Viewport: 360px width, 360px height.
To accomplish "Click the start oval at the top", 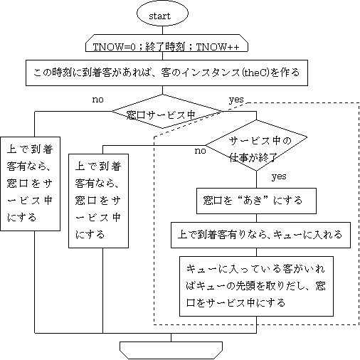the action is pos(162,14).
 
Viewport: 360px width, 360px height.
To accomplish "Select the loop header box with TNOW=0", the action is pos(166,43).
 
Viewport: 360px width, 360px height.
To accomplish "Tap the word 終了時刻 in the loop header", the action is pos(165,47).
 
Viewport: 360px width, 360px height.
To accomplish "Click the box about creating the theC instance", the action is pos(166,73).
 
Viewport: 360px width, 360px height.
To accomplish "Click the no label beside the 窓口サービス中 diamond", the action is pos(97,100).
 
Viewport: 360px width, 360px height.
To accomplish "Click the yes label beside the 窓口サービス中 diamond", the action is pos(236,100).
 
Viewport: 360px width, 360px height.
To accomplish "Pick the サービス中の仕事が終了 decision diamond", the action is pos(256,145).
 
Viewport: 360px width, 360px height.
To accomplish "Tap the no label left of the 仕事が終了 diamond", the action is pos(201,151).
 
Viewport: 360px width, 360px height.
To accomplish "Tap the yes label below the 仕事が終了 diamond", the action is pos(279,176).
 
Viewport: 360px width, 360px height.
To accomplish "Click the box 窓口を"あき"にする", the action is pos(256,201).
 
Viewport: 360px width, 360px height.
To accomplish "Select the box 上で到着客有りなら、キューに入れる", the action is pos(260,235).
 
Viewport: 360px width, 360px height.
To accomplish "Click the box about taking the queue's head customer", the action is pos(256,286).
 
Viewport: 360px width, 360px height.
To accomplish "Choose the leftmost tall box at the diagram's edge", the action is pos(30,184).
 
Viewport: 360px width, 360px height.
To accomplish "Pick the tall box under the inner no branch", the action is pos(98,201).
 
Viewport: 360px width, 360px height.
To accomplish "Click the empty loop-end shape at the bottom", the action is pos(171,350).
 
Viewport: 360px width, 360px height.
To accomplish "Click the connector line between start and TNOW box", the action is pos(162,30).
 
